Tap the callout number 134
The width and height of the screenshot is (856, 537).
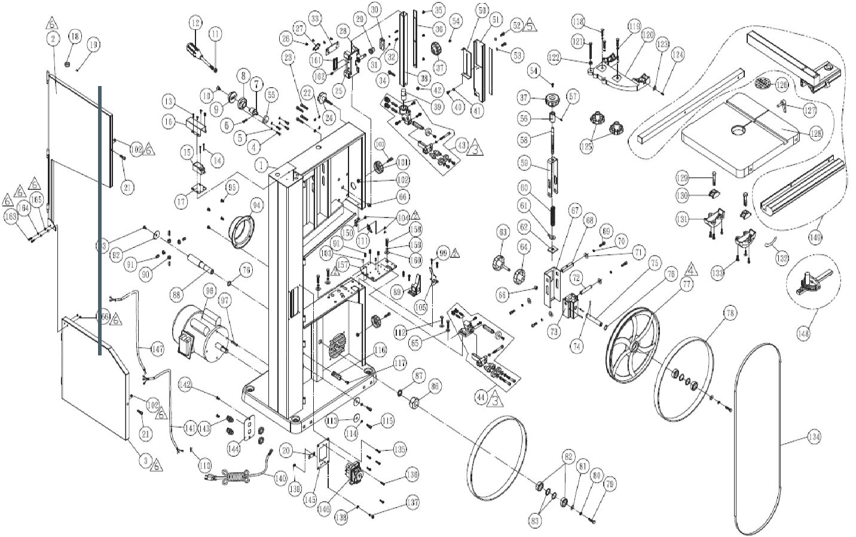tap(813, 437)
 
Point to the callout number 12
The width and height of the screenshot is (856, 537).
tap(195, 24)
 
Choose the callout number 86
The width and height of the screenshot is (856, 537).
tap(435, 386)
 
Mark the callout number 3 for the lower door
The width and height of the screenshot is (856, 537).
tap(144, 461)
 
